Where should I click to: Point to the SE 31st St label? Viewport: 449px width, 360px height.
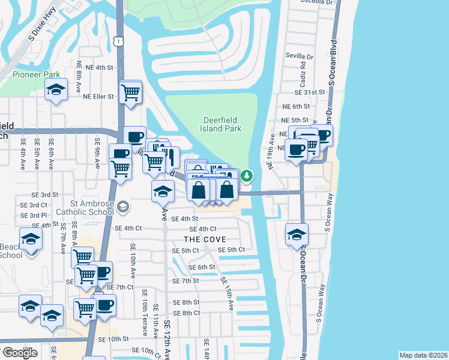309,93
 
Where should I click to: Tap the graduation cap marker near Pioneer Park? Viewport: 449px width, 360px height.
56,90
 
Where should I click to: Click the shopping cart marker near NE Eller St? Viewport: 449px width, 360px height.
130,92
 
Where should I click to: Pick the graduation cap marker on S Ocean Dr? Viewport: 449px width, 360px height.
297,235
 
